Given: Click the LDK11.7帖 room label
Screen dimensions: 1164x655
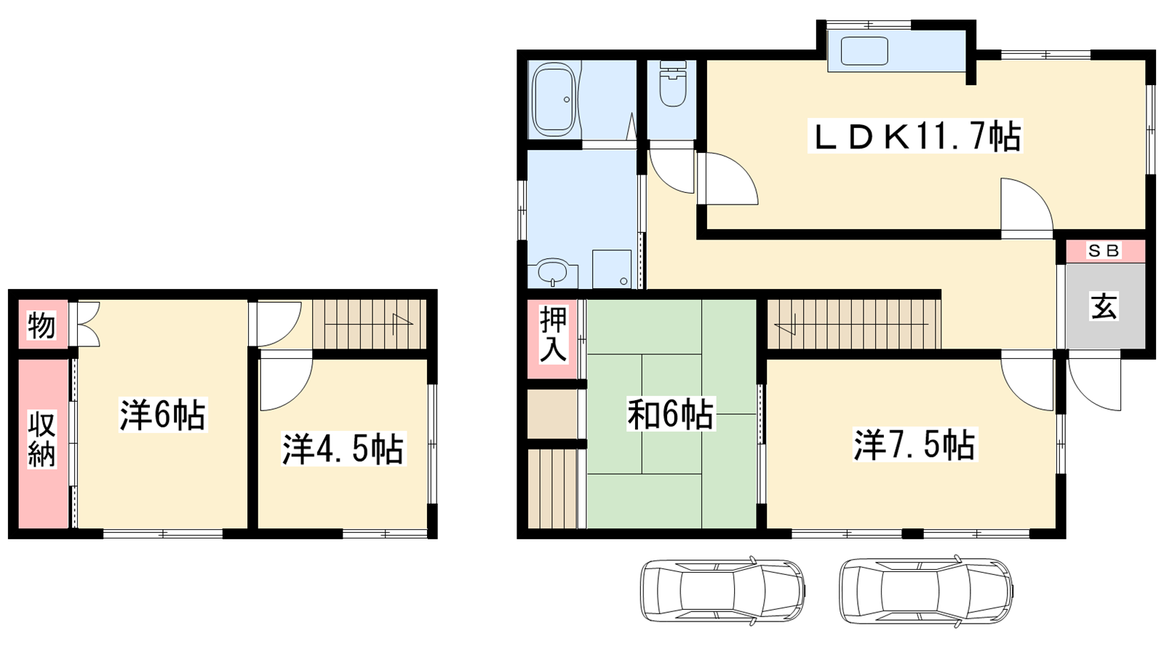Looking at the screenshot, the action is click(915, 136).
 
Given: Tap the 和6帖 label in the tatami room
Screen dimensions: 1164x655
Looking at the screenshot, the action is click(670, 414).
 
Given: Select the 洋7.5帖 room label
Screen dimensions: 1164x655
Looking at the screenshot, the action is click(914, 445).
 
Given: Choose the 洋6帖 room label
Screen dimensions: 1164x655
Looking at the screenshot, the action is click(163, 415).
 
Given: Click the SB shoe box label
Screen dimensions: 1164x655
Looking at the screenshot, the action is click(1104, 250).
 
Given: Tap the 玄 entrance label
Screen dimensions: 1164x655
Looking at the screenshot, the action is click(1104, 306).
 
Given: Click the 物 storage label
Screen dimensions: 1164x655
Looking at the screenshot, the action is click(41, 325).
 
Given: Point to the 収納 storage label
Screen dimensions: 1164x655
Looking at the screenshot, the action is click(41, 440).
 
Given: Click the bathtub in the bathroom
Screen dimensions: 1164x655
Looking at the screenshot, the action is click(554, 99).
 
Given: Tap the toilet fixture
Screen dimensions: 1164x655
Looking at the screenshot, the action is click(673, 84).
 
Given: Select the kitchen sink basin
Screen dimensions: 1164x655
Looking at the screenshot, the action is click(864, 51).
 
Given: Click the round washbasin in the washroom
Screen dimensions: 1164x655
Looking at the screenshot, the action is click(552, 271).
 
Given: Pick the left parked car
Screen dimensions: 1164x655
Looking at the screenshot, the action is click(723, 590).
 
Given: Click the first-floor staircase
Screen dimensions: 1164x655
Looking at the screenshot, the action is click(854, 325).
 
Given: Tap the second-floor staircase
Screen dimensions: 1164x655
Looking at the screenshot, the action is click(370, 325).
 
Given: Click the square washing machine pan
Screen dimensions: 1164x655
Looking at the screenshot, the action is click(612, 269).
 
